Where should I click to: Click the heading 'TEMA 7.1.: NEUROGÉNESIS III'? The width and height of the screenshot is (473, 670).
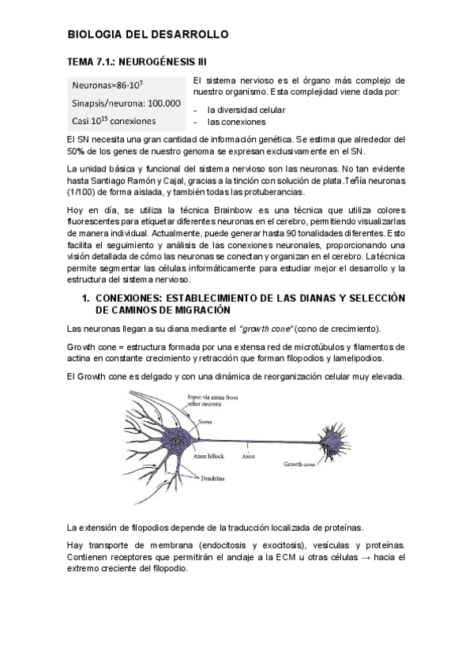pos(138,62)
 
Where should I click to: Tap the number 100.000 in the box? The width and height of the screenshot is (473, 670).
pos(163,103)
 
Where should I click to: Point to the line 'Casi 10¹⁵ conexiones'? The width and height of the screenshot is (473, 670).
pos(114,121)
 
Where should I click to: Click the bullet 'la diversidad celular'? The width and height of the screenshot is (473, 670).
pos(246,109)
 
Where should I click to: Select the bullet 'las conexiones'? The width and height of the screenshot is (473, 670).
pos(236,122)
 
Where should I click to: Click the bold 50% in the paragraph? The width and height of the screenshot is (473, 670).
pos(77,151)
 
